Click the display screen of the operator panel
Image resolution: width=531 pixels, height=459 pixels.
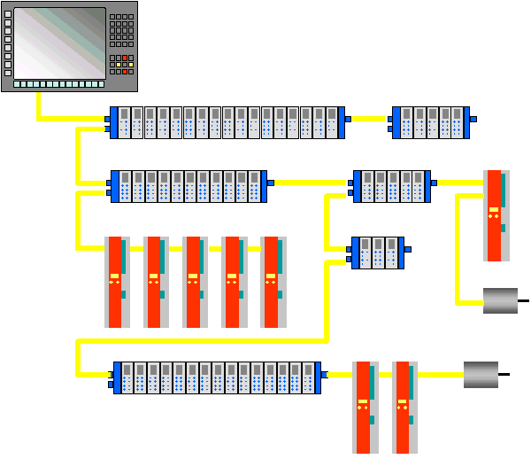60,43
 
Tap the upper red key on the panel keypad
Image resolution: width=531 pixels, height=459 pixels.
126,58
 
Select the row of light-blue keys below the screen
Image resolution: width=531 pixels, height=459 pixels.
60,84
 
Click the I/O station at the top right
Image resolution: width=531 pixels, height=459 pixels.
431,122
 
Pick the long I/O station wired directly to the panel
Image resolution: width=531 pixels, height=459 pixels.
227,122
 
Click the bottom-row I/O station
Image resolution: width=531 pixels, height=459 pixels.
217,377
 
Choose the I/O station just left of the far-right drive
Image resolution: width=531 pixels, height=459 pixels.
390,186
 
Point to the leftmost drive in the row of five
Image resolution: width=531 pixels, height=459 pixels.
117,282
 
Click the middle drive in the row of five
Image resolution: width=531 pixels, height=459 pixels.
195,282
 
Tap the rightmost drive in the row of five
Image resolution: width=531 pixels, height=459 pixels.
273,282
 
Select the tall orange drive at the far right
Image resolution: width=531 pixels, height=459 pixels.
496,215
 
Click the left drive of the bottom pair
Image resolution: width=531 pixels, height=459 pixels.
365,407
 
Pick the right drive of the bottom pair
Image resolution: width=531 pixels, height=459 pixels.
404,407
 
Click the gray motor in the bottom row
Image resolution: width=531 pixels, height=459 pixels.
481,375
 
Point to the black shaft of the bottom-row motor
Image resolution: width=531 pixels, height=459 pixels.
504,375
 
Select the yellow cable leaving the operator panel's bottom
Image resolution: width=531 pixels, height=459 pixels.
39,106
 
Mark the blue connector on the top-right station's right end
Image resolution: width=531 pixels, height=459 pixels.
473,118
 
